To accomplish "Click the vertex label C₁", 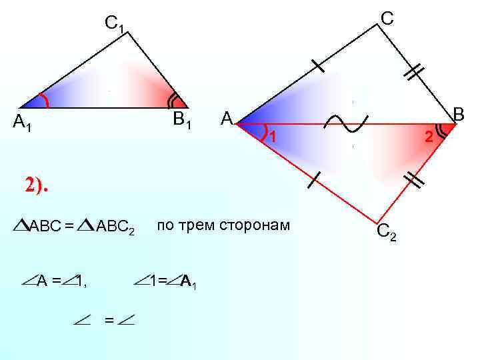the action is (x=114, y=24).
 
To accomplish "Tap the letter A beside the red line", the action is (x=227, y=119).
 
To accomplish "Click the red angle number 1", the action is (x=271, y=137).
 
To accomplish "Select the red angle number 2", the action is (x=429, y=137).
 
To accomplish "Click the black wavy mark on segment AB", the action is (x=346, y=123).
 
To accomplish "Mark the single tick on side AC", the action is (x=317, y=65).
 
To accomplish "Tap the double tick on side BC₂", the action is (x=415, y=179).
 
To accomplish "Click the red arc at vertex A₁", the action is (x=45, y=101).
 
